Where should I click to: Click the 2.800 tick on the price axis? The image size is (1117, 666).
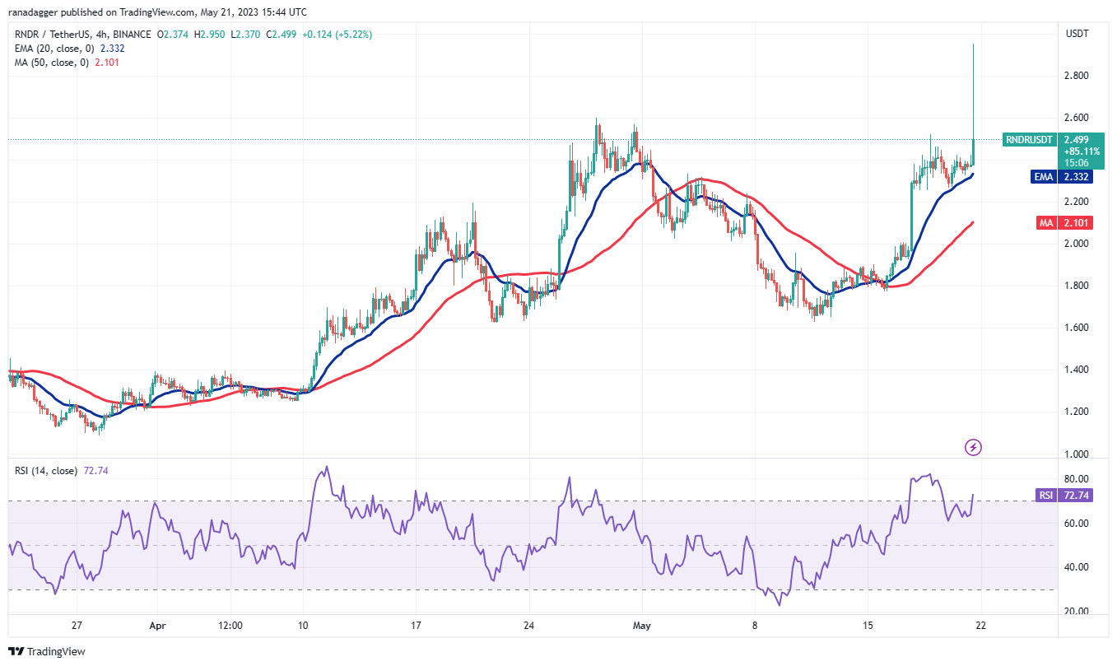point(1077,76)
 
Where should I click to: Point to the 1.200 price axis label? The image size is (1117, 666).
point(1077,412)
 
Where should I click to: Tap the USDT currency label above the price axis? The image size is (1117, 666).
point(1077,34)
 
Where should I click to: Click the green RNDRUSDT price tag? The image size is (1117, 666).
point(1028,140)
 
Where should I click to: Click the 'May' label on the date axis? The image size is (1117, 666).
point(643,625)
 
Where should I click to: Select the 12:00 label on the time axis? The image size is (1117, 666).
point(230,625)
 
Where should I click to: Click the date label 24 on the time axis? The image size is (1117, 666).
point(529,625)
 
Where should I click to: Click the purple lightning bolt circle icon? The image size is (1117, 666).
point(974,447)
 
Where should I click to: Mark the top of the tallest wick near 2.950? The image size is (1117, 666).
point(974,44)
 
